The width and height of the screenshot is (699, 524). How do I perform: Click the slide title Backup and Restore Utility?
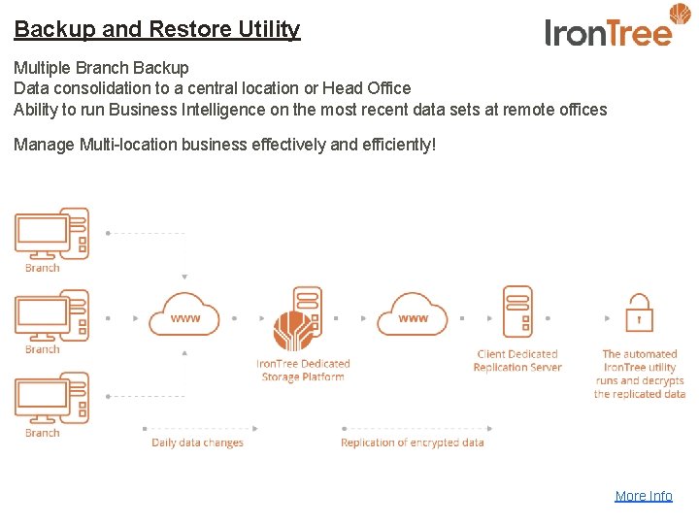coord(157,29)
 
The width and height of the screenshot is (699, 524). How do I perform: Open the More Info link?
coord(643,496)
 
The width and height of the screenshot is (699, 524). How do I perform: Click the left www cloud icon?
coord(184,315)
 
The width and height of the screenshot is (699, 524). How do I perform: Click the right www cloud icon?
coord(413,315)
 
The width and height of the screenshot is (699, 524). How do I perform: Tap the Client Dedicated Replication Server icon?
coord(517,311)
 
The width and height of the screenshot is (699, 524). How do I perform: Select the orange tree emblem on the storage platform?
coord(292,331)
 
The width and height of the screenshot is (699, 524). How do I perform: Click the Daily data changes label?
coord(197,443)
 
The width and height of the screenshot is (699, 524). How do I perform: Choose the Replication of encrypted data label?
coord(412,443)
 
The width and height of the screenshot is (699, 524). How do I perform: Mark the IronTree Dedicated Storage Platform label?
coord(303,371)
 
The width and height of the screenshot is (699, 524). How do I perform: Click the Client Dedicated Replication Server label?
coord(517,361)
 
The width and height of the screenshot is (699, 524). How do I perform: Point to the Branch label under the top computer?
coord(43,268)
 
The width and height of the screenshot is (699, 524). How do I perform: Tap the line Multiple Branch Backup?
coord(101,68)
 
